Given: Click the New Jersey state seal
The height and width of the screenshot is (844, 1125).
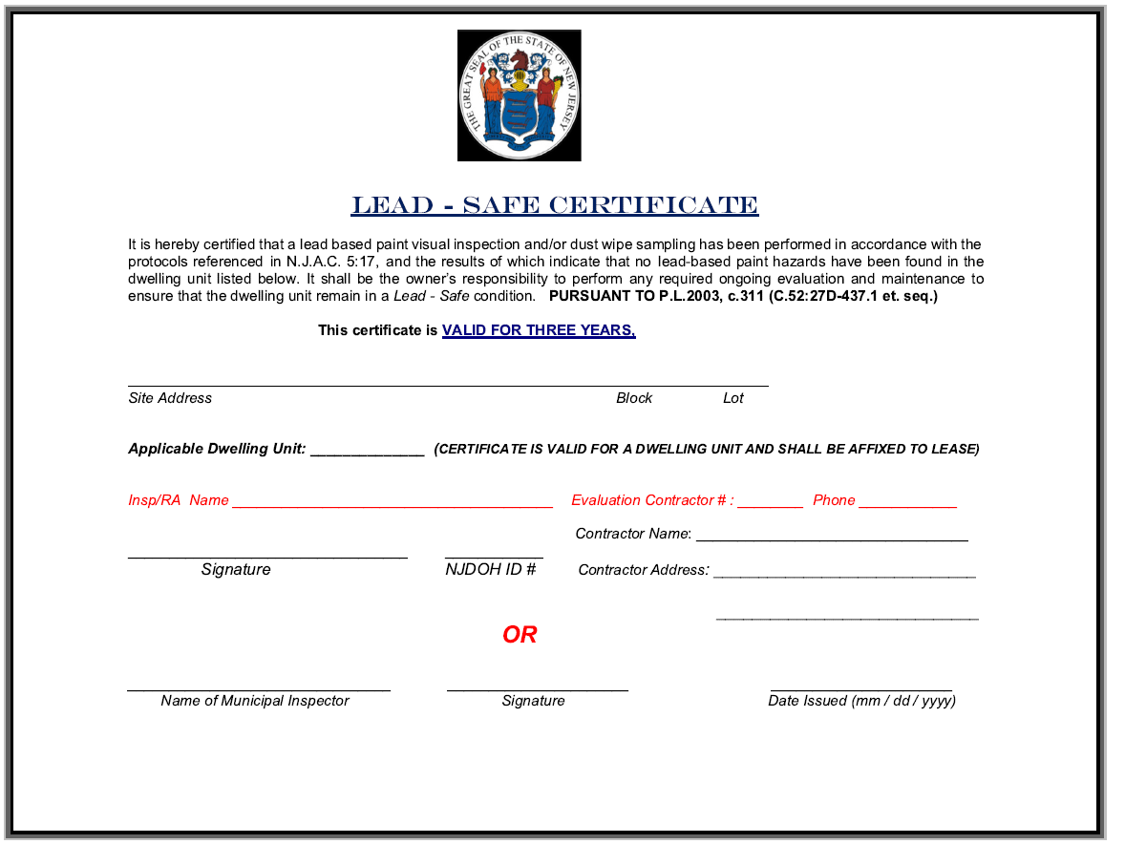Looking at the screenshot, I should [519, 95].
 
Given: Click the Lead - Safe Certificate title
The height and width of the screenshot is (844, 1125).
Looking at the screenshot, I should [554, 205].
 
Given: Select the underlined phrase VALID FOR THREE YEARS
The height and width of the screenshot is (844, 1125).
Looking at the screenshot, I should [539, 330].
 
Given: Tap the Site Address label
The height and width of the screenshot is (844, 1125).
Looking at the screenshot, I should [170, 398].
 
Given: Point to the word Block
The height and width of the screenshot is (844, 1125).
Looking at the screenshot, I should [634, 398].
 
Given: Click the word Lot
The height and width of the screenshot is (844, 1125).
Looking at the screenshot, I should [732, 398].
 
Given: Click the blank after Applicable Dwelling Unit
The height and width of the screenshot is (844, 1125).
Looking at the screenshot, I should [367, 451].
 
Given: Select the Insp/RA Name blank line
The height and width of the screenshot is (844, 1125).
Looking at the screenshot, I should [392, 502].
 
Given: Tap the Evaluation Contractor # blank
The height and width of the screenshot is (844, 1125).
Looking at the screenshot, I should [770, 502].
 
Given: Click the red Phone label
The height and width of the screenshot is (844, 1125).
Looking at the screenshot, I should [834, 500].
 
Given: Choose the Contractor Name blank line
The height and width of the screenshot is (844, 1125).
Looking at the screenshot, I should [831, 536].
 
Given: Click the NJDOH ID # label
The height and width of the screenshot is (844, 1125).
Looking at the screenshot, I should [490, 570].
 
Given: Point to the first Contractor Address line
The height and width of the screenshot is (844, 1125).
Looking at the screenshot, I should [844, 573].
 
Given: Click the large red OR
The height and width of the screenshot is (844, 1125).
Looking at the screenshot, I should [520, 635].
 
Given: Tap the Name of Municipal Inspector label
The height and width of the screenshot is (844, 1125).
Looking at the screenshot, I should [255, 701].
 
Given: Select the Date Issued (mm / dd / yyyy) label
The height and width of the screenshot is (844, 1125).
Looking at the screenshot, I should [861, 701].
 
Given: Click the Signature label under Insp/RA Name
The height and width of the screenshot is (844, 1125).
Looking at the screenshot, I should [236, 570].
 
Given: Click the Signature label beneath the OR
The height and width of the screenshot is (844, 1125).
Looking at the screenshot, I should [533, 701].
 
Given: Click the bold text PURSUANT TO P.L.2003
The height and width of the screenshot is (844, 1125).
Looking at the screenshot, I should [626, 296].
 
